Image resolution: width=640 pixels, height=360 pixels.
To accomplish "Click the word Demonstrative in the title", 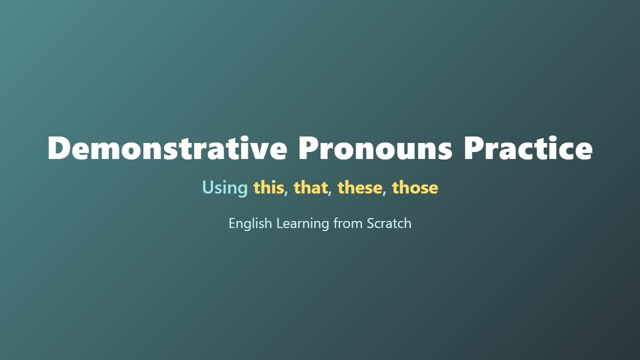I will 167,148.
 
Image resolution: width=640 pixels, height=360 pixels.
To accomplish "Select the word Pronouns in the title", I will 375,148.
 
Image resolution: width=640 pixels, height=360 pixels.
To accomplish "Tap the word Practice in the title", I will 527,148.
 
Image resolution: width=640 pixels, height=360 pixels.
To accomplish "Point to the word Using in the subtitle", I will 224,187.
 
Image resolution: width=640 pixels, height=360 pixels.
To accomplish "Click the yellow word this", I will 268,187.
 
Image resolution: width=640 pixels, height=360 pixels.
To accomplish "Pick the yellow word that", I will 310,187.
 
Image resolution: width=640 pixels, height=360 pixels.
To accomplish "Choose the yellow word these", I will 359,187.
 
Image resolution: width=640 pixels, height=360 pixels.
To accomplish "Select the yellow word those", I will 415,187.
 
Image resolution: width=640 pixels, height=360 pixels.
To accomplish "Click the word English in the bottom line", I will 250,223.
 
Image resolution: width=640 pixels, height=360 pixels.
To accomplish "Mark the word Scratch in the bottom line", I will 389,223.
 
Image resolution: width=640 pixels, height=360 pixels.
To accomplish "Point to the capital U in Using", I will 207,187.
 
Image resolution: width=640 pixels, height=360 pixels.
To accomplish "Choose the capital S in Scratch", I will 370,223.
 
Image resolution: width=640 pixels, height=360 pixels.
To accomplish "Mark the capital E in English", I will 232,223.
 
